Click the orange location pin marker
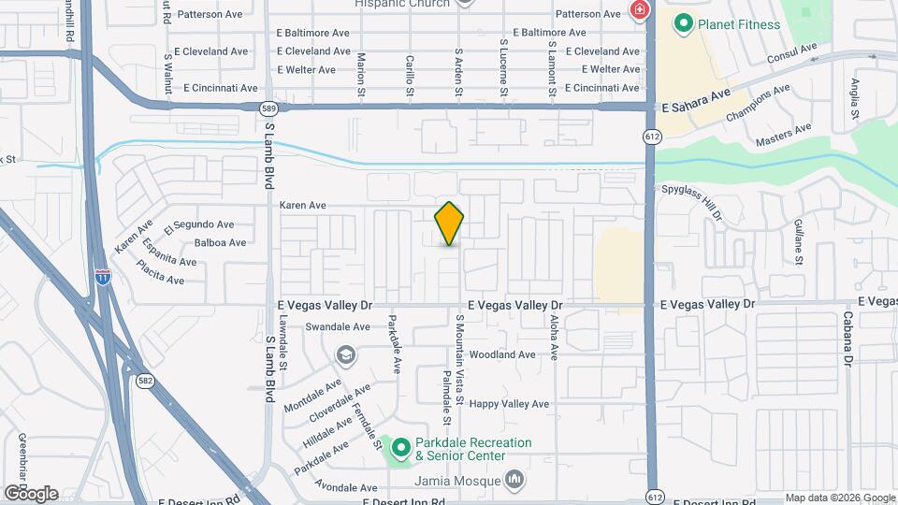point(450,224)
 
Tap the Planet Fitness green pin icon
point(684,23)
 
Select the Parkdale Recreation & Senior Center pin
point(401,449)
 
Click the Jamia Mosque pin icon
point(514,481)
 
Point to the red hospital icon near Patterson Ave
point(640,11)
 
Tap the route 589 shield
point(268,108)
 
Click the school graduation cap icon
point(346,354)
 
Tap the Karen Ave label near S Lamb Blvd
point(303,205)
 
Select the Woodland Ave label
point(502,355)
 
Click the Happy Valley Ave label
point(509,404)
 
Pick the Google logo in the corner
point(31,494)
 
